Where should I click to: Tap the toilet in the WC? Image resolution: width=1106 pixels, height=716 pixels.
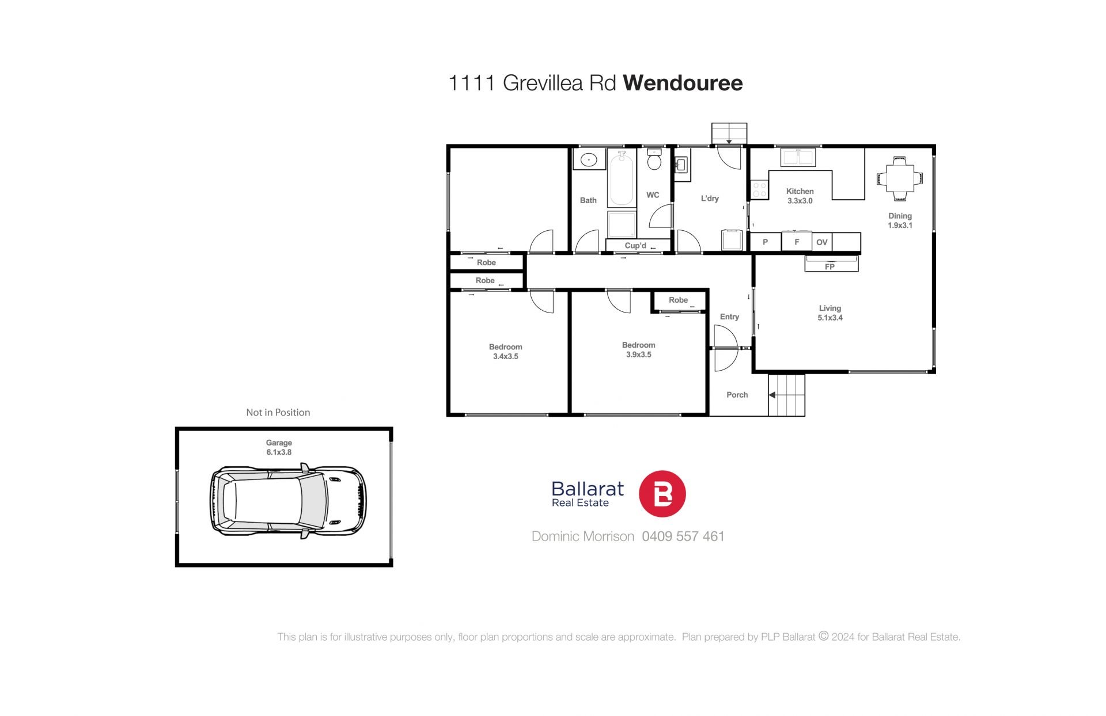tap(653, 159)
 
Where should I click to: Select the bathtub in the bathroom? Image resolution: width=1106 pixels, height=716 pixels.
tap(622, 178)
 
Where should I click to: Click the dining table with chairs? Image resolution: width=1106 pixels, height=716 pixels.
tap(899, 178)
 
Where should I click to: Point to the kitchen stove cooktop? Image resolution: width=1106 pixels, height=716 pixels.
tap(759, 190)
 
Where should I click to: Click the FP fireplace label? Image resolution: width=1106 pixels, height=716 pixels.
tap(829, 266)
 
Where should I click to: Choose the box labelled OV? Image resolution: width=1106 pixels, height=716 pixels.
tap(822, 242)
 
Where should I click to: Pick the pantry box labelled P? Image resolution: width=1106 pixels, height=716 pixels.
tap(765, 242)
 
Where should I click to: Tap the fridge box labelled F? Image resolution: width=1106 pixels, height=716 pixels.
tap(797, 242)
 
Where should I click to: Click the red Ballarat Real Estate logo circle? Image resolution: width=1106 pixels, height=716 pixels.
tap(662, 493)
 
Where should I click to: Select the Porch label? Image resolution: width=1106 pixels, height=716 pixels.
tap(737, 395)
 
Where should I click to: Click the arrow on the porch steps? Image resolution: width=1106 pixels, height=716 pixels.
tap(772, 395)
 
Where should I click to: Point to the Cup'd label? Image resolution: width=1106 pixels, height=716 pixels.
tap(635, 246)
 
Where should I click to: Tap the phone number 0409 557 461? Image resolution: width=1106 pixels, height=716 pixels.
tap(683, 536)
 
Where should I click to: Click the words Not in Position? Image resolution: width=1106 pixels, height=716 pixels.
tap(278, 412)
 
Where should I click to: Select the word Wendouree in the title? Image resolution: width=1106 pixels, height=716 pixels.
tap(683, 83)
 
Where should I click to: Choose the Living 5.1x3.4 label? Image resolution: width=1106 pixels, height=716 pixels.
tap(830, 313)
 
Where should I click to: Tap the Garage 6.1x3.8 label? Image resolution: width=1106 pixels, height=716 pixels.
tap(279, 447)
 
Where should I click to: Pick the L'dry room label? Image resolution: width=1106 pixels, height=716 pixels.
tap(710, 199)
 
